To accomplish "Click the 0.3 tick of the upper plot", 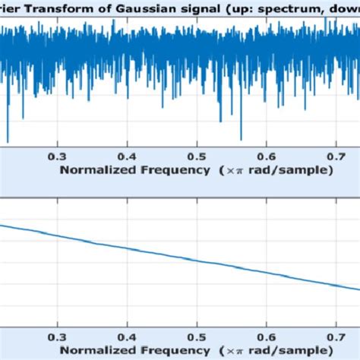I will click(57, 155).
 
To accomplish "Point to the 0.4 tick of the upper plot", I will click(127, 155).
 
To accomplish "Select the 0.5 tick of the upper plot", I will click(197, 155).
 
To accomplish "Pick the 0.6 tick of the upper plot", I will click(267, 155).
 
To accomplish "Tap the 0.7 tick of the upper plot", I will click(336, 155).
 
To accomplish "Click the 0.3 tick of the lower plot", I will click(57, 335).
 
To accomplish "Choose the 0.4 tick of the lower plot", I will click(127, 335).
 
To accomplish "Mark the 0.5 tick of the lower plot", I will click(197, 335).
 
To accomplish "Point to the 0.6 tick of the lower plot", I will click(267, 335).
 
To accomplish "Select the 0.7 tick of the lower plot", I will click(336, 335).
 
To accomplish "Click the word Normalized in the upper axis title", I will click(94, 170).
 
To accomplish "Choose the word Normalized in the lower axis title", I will click(94, 350).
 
